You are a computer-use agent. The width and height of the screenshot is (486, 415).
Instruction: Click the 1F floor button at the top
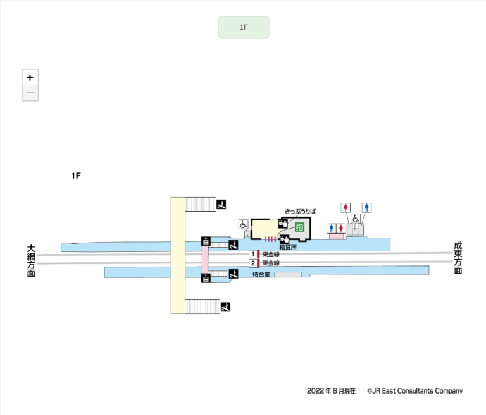point(244,27)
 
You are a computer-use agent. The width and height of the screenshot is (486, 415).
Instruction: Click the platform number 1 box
point(252,254)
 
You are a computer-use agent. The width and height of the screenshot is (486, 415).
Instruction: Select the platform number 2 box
point(252,263)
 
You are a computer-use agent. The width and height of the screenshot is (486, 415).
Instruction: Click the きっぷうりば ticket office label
point(300,211)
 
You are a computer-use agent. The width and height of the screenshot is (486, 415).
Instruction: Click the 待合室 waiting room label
point(261,275)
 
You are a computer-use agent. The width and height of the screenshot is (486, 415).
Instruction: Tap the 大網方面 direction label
point(31,261)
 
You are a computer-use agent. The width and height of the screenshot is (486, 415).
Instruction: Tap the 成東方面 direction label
point(458,258)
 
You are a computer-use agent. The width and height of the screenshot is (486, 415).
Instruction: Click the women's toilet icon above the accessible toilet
point(345,207)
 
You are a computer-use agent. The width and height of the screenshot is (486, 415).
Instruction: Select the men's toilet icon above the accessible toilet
point(367,207)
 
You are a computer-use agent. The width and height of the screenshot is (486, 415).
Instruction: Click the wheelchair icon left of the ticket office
point(244,224)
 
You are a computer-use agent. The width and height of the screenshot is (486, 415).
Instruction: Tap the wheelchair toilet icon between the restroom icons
point(356,219)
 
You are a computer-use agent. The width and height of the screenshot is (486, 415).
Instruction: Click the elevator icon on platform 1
point(206,241)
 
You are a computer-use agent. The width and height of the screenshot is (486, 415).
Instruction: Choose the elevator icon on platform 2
point(206,278)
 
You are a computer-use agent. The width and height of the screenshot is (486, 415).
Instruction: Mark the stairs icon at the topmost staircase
point(221,204)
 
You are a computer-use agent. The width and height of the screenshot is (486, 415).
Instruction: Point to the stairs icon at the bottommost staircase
point(225,307)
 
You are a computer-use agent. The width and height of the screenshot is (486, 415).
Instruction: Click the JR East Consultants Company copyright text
point(414,391)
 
